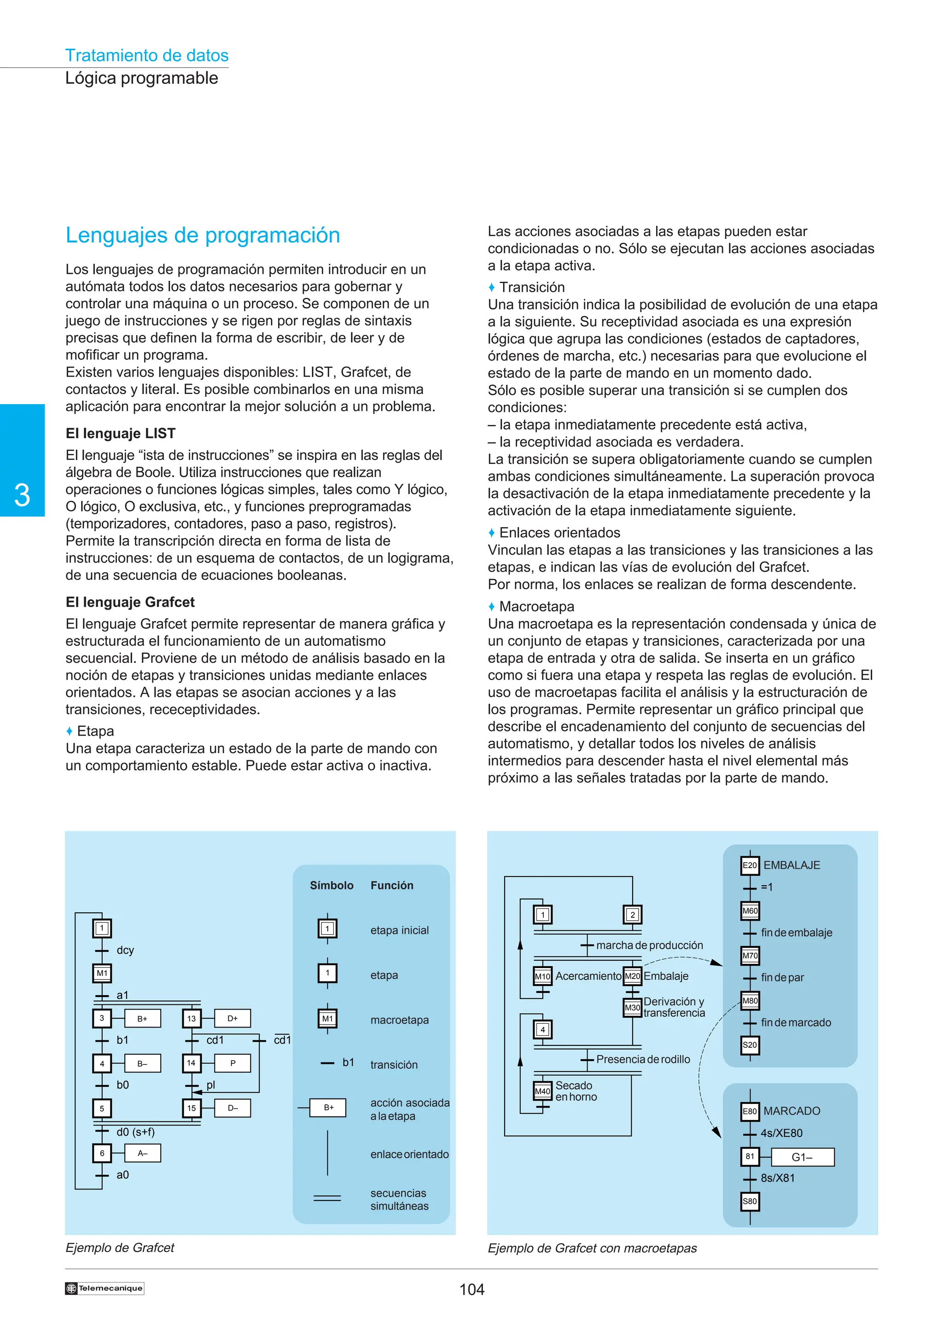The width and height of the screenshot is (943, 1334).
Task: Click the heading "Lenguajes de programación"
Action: tap(202, 235)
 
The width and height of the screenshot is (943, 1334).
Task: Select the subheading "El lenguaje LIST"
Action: tap(120, 434)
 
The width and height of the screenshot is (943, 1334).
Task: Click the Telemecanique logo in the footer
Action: tap(105, 1288)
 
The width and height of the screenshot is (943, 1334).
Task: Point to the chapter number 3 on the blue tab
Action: tap(22, 495)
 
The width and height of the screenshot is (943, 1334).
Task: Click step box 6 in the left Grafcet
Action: tap(102, 1153)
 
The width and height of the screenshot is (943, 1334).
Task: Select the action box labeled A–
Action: tap(142, 1153)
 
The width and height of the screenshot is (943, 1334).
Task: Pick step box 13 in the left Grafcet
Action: tap(192, 1018)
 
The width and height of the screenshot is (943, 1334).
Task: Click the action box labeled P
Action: tap(233, 1063)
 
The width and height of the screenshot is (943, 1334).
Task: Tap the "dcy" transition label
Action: tap(125, 950)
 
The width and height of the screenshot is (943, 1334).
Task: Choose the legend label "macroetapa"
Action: tap(399, 1020)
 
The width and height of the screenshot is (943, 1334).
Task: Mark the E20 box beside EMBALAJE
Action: tap(750, 865)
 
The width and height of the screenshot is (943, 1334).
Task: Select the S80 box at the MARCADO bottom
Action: tap(750, 1201)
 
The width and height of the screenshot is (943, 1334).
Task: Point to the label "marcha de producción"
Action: tap(649, 945)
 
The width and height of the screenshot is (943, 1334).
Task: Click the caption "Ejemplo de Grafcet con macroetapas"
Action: tap(592, 1248)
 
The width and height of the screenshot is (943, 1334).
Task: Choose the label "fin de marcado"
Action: tap(795, 1022)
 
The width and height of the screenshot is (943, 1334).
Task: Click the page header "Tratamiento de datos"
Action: tap(146, 55)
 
